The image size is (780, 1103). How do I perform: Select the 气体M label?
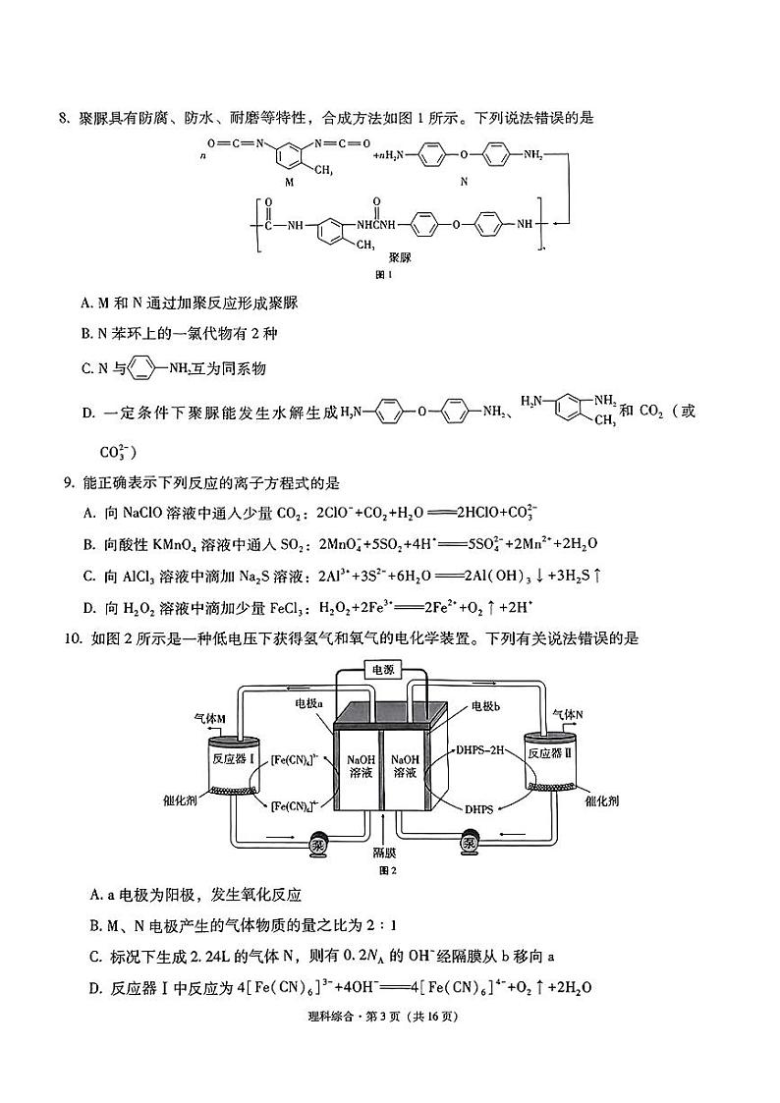point(209,719)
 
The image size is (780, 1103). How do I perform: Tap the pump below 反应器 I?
point(320,844)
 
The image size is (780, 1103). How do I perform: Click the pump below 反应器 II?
point(471,842)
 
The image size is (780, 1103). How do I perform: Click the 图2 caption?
point(387,869)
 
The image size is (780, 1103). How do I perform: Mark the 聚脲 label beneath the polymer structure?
point(399,256)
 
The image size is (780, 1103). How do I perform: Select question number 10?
point(72,638)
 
